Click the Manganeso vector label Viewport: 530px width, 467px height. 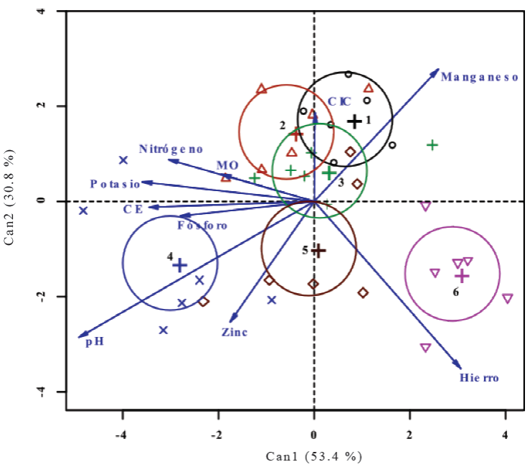pos(479,78)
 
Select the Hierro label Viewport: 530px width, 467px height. pos(478,377)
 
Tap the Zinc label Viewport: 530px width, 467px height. pos(234,332)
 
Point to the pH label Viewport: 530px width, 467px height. pos(95,342)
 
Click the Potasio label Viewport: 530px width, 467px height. pos(115,184)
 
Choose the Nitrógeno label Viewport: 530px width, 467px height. pos(171,149)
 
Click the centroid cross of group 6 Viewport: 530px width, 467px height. pos(463,276)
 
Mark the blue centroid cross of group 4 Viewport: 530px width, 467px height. pos(179,265)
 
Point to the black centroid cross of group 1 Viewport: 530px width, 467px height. pos(354,121)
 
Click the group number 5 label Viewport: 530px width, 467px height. pos(305,251)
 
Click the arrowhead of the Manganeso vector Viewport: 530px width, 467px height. pos(437,70)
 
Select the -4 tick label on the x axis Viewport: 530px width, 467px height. pos(123,435)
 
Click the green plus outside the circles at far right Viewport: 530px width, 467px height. pos(432,145)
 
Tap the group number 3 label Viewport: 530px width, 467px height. pos(341,182)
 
